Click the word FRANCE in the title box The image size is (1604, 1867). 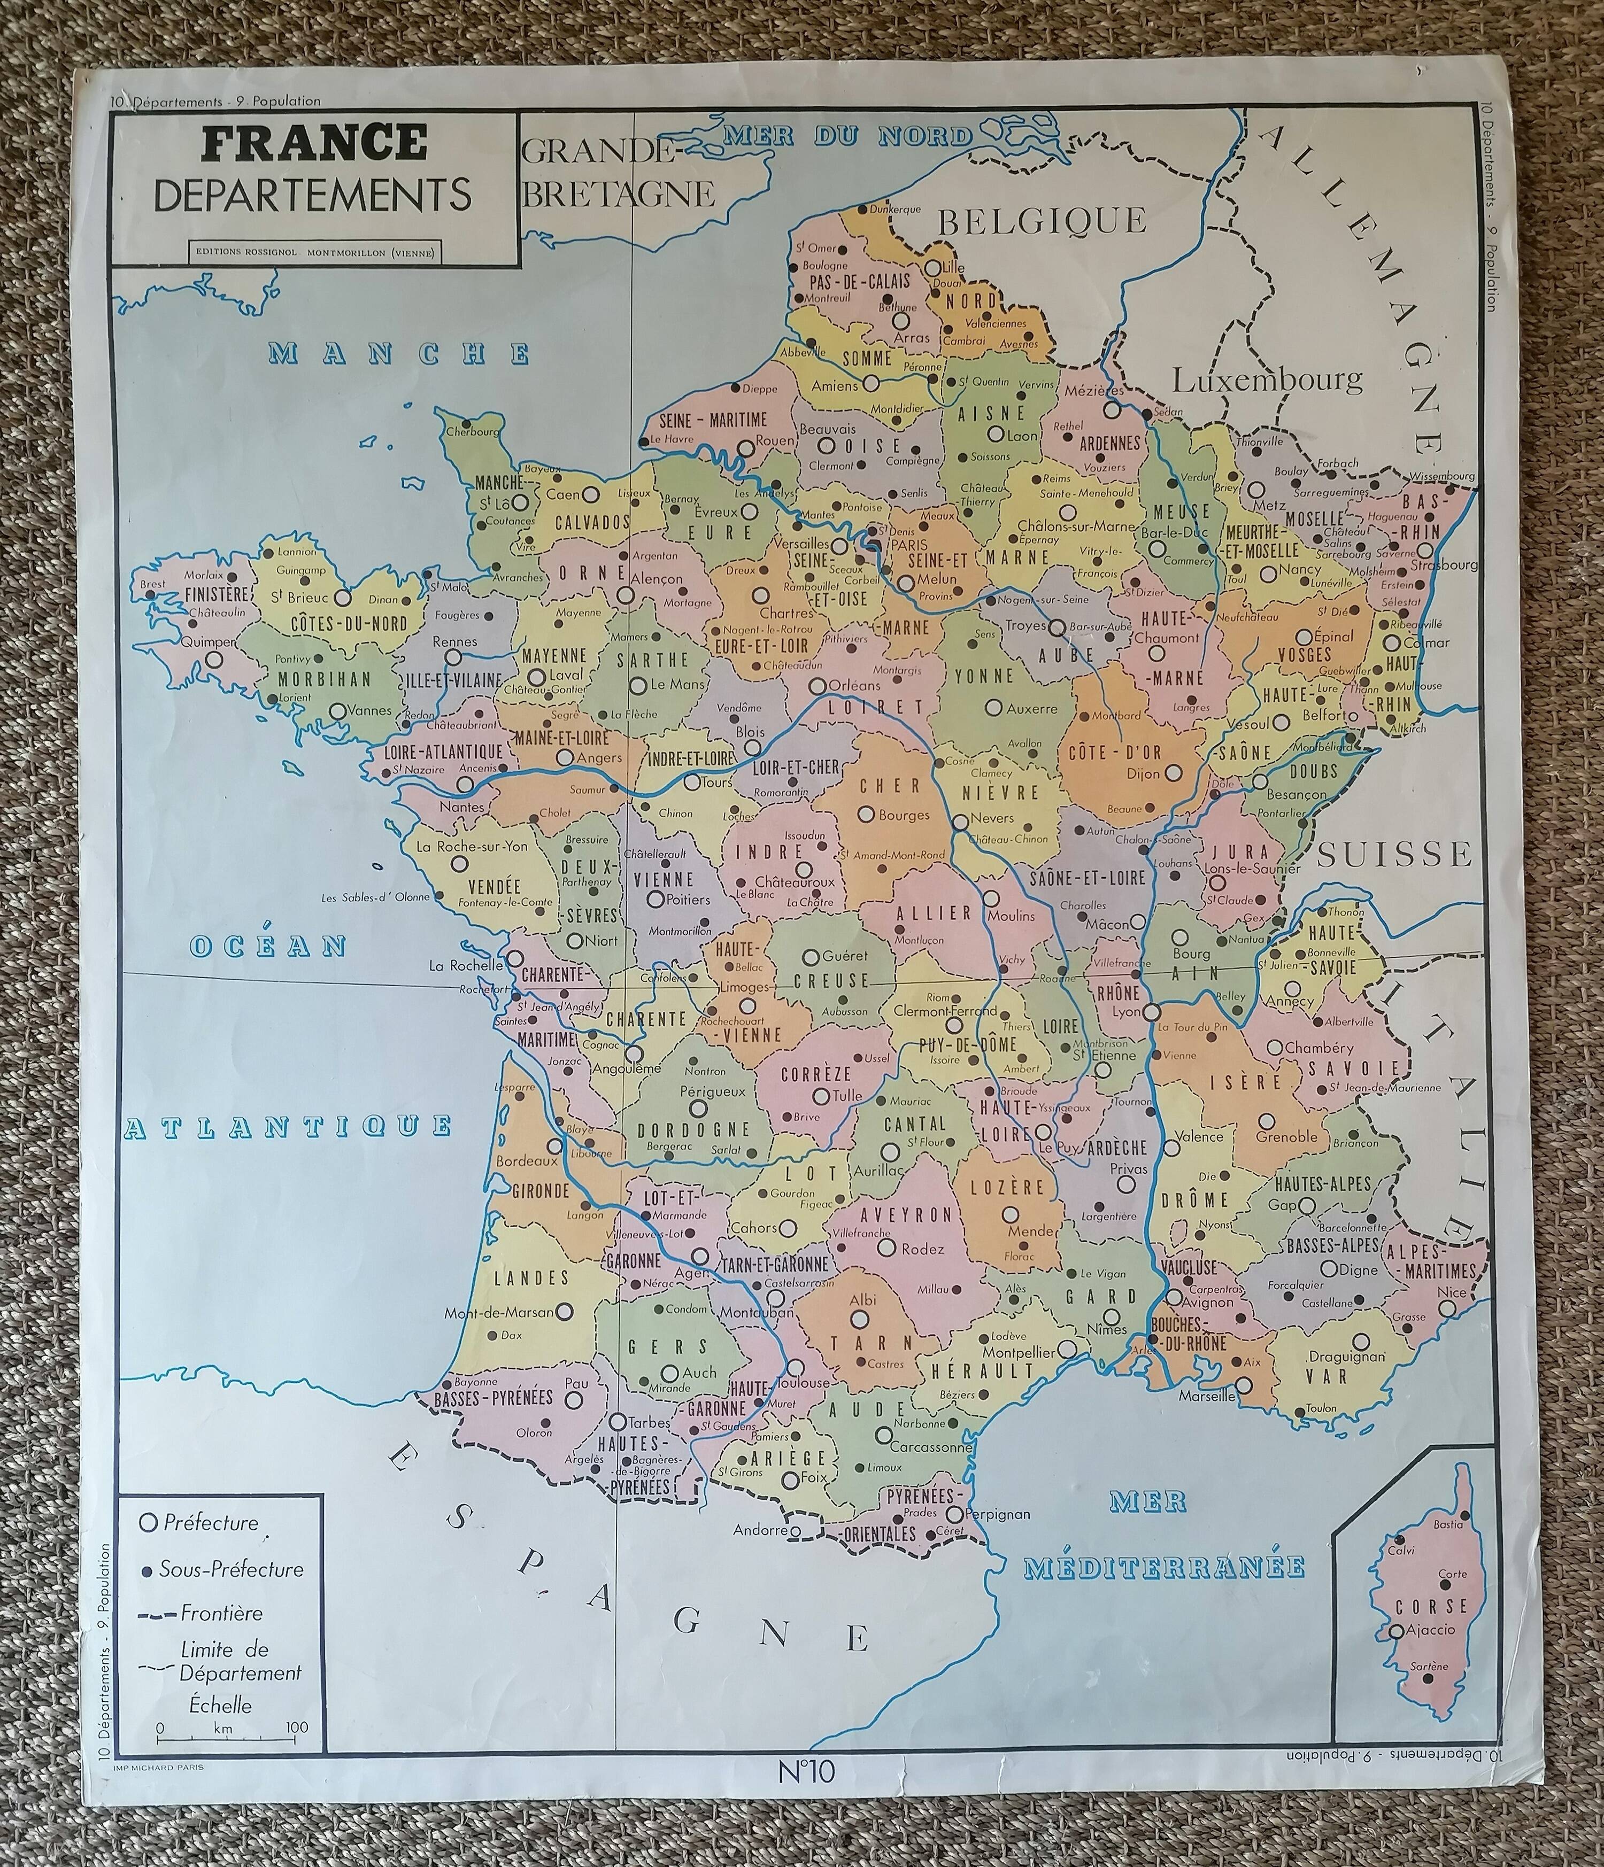[314, 142]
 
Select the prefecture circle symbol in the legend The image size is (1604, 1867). [150, 1523]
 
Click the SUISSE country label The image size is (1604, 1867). [1394, 853]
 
